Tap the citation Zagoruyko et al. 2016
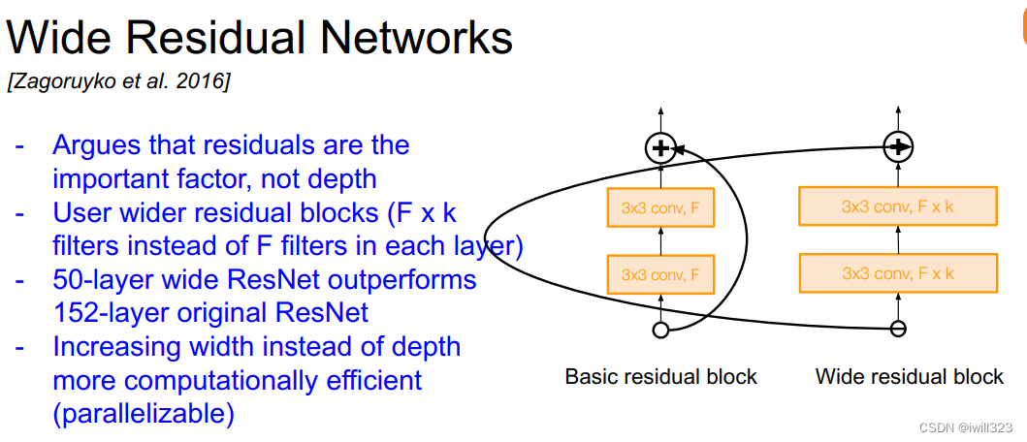118,82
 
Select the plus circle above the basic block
660,148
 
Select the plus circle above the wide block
899,147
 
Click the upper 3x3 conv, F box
660,206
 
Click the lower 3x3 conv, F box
660,274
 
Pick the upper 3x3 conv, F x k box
898,205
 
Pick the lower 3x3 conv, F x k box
898,273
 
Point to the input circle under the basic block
660,331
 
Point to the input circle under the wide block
899,330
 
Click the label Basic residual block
660,376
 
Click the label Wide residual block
910,376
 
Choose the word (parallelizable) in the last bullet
144,414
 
